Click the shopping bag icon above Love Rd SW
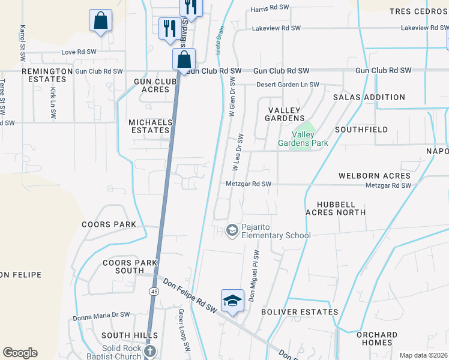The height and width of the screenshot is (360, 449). (100, 20)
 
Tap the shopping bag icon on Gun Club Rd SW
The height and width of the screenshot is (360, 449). (184, 60)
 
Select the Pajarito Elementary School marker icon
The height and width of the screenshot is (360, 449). (232, 230)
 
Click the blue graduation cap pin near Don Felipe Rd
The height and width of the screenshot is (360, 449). (232, 301)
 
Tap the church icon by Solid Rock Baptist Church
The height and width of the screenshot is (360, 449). (150, 351)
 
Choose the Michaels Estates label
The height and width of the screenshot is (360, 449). (150, 126)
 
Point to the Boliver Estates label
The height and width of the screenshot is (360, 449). (300, 312)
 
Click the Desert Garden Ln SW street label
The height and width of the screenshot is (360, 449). (288, 85)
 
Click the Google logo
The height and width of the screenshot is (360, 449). (20, 353)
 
